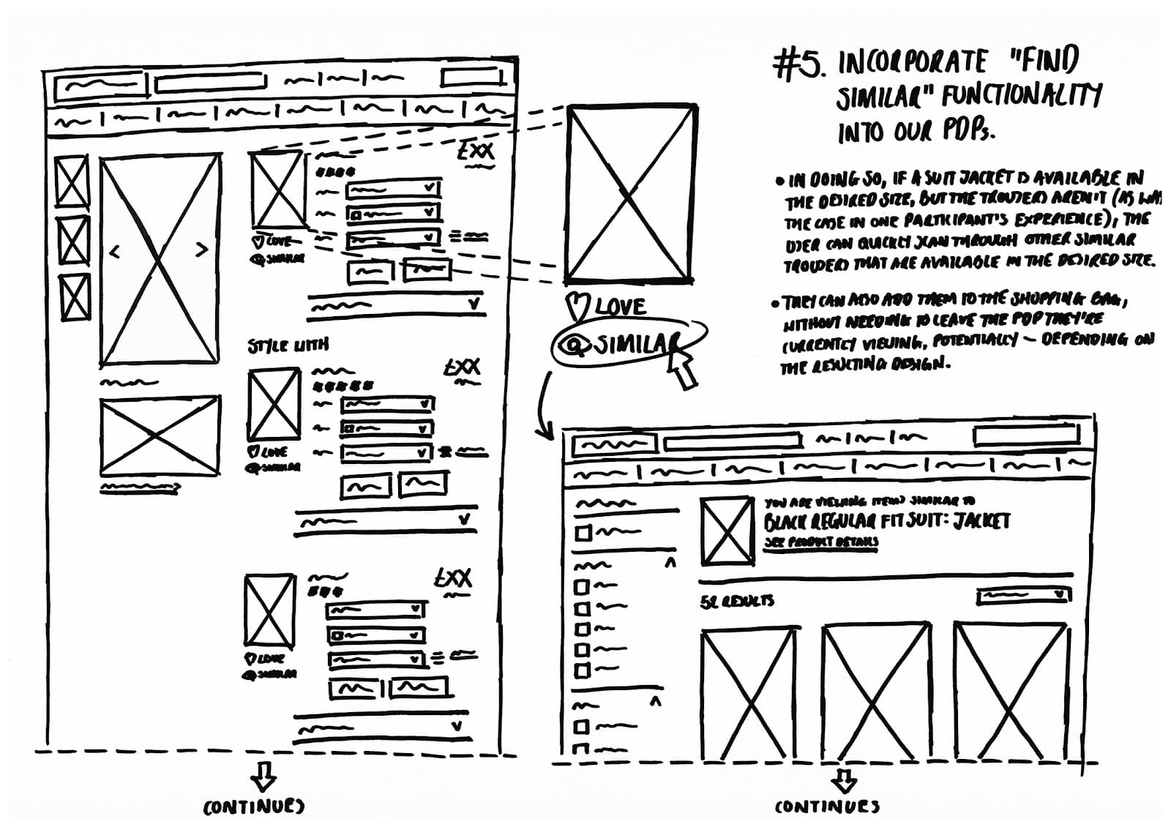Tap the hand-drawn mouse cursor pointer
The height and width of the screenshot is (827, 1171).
click(681, 366)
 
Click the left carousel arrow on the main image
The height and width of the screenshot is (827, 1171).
click(114, 252)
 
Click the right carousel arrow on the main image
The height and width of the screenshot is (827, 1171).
click(202, 250)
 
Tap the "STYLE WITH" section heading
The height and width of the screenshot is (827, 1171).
click(288, 345)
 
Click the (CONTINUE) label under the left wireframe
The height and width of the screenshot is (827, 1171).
click(253, 807)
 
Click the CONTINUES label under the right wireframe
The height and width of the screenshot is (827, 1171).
click(827, 807)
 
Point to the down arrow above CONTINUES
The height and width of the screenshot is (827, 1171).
click(845, 780)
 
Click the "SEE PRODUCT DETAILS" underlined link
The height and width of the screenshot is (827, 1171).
click(820, 542)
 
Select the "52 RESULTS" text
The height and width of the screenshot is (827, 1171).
click(737, 602)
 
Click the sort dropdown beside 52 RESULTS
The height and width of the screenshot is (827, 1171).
click(1023, 596)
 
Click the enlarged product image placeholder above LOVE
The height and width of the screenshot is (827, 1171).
click(630, 194)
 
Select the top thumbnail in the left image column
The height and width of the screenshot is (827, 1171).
click(72, 180)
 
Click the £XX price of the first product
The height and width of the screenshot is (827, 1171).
click(476, 152)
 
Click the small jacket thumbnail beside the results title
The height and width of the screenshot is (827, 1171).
click(727, 531)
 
